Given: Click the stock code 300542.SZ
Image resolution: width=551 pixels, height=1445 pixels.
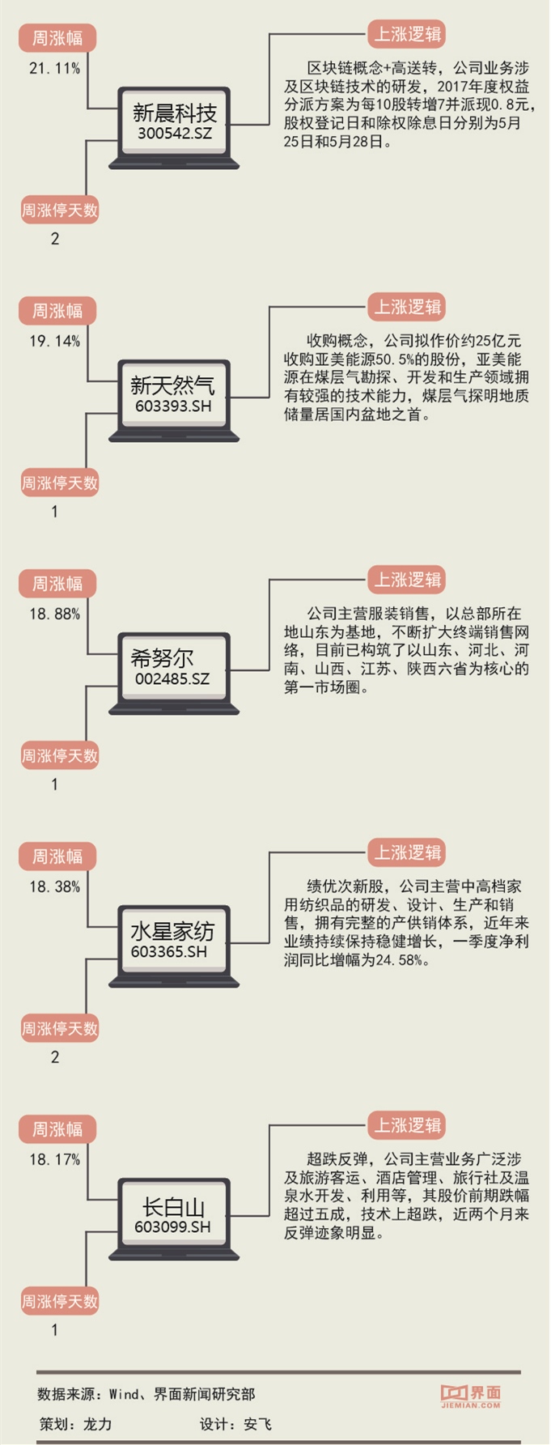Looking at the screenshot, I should pos(174,133).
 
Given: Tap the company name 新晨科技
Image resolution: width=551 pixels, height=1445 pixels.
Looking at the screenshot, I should pos(174,113).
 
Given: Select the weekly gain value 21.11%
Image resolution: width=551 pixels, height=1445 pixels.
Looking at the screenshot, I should pos(55,69).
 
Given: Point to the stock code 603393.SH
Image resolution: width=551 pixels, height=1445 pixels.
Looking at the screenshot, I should pos(173,406).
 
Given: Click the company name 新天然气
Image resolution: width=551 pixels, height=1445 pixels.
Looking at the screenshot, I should pos(173,385).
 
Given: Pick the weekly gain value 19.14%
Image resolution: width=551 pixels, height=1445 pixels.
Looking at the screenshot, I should pos(55,342).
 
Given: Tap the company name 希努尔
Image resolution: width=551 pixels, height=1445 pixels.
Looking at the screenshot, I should pos(163,658).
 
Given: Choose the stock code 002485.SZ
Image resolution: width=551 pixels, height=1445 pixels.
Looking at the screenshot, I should pos(172,678).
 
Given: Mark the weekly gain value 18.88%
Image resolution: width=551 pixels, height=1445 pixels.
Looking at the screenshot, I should pos(55,614).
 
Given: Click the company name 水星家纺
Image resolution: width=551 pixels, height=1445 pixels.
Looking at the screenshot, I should pos(173,931).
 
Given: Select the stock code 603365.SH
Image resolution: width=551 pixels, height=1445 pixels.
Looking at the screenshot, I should pos(169,951).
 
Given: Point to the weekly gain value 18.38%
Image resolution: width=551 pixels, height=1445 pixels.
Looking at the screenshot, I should pos(55,887).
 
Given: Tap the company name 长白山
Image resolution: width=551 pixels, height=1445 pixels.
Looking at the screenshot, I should pos(173,1207).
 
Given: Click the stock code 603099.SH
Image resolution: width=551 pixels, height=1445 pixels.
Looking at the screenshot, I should pos(173,1226).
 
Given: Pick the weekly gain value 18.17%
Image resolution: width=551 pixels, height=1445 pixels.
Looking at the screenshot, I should pos(55,1160).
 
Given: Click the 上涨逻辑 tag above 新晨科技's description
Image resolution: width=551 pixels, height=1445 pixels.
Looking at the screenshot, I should pos(407,35).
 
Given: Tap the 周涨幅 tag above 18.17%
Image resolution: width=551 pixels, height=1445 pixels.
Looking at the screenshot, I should pos(57,1129).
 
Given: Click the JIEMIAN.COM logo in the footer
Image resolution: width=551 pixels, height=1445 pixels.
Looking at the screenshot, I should pos(471,1395).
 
